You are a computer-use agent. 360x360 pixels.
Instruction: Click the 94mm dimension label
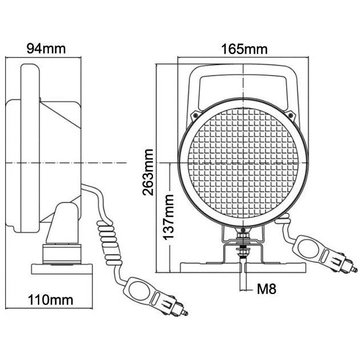click(46, 48)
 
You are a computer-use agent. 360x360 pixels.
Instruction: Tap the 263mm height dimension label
click(149, 171)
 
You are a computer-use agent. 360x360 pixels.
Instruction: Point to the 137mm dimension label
click(168, 216)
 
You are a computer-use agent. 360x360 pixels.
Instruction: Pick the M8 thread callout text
click(266, 289)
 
